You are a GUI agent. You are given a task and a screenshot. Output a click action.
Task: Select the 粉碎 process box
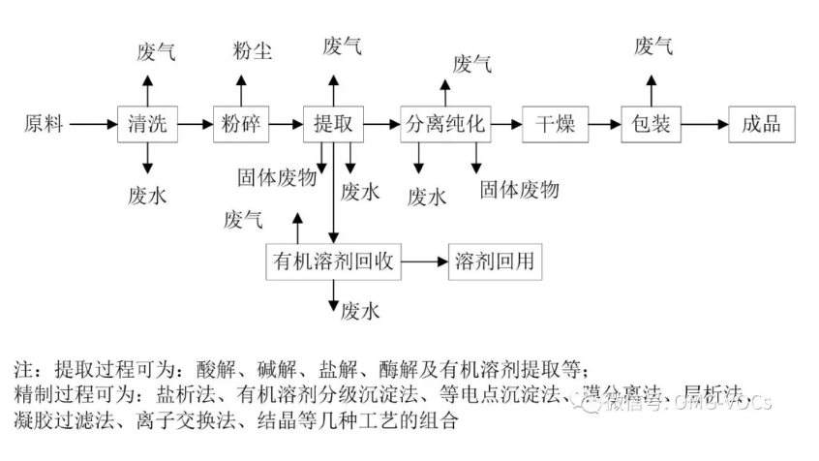(x=241, y=124)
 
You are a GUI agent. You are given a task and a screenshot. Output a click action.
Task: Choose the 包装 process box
(x=650, y=124)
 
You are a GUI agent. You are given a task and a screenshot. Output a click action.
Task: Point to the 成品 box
(x=761, y=124)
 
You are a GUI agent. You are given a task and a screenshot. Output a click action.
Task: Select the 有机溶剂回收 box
(x=334, y=261)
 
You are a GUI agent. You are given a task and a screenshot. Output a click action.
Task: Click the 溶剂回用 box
(x=496, y=261)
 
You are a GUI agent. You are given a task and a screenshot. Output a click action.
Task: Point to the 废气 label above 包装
(x=653, y=46)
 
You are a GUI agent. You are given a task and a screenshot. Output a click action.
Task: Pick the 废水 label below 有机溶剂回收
(x=360, y=311)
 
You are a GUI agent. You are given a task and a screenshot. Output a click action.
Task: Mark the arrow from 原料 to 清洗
(x=93, y=124)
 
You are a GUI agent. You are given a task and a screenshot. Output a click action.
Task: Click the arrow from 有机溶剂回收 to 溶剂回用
(x=426, y=261)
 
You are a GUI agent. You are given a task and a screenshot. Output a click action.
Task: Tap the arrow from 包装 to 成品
(x=705, y=124)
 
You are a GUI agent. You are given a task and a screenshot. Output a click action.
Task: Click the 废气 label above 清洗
(x=156, y=51)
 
